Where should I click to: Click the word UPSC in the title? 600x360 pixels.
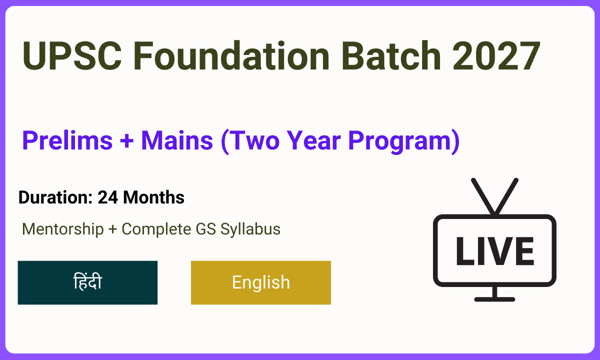[72, 56]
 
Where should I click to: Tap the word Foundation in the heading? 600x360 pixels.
[231, 55]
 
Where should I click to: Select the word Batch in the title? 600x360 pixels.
[391, 55]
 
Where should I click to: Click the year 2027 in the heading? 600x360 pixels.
[496, 55]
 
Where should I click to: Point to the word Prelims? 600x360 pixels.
[67, 140]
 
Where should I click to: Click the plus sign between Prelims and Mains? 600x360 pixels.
[126, 141]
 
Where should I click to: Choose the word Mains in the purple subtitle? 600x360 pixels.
[177, 140]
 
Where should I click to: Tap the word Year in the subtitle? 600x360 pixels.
[314, 140]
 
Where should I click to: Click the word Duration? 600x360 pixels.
[55, 197]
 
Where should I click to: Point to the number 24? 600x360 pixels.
[107, 197]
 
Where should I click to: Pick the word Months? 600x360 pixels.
[154, 197]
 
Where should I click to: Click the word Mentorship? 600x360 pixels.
[63, 229]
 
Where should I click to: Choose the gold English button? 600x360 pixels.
[261, 282]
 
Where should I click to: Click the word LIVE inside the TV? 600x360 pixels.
[495, 251]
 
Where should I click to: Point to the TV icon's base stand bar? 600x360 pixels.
[494, 299]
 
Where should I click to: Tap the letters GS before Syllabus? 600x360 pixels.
[205, 229]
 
